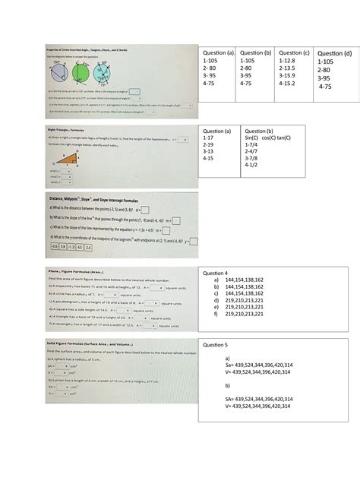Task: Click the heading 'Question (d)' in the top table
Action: click(334, 53)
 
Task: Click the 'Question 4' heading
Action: click(216, 271)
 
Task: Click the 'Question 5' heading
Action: click(216, 344)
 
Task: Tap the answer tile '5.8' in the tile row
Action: click(63, 247)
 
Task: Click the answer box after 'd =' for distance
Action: click(144, 209)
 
